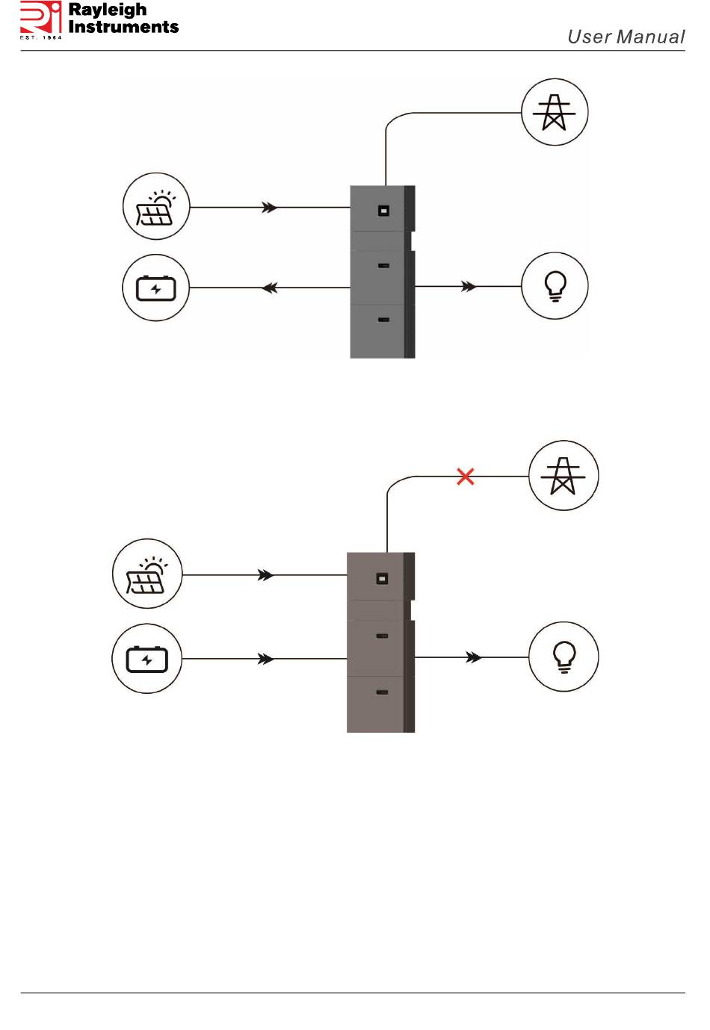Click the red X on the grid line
pos(465,477)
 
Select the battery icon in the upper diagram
pos(156,288)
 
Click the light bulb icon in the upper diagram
pos(555,285)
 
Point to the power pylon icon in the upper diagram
pos(555,112)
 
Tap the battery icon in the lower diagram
pos(146,659)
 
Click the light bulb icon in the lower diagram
pos(564,657)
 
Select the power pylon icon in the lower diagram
pos(564,476)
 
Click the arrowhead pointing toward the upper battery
pos(270,288)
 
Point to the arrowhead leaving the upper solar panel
pos(270,208)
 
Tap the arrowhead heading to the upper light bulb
pos(469,287)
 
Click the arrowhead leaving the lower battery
pos(265,659)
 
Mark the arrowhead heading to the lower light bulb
pos(474,657)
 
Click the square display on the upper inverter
pos(383,211)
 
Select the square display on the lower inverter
pos(382,578)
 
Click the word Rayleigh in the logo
pos(107,10)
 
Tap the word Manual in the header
pos(650,37)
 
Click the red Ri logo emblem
pos(40,17)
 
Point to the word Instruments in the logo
pos(123,27)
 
